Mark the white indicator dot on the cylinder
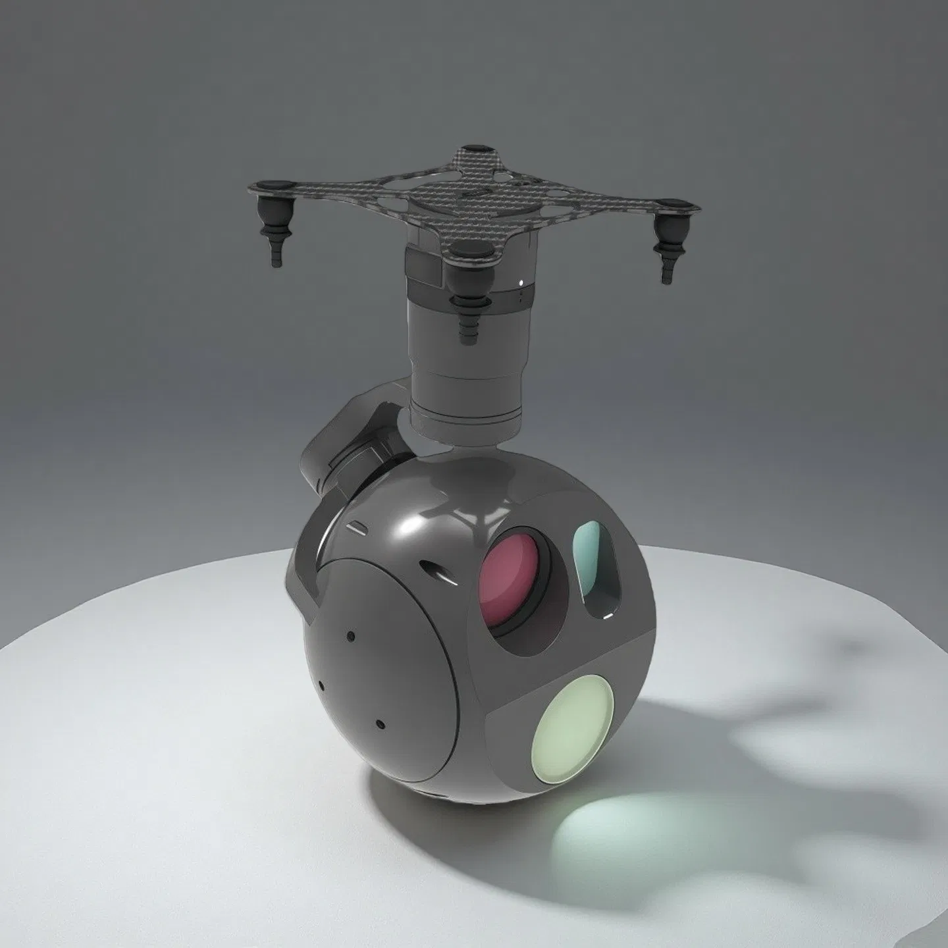[x=522, y=284]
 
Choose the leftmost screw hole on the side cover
[x=321, y=682]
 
